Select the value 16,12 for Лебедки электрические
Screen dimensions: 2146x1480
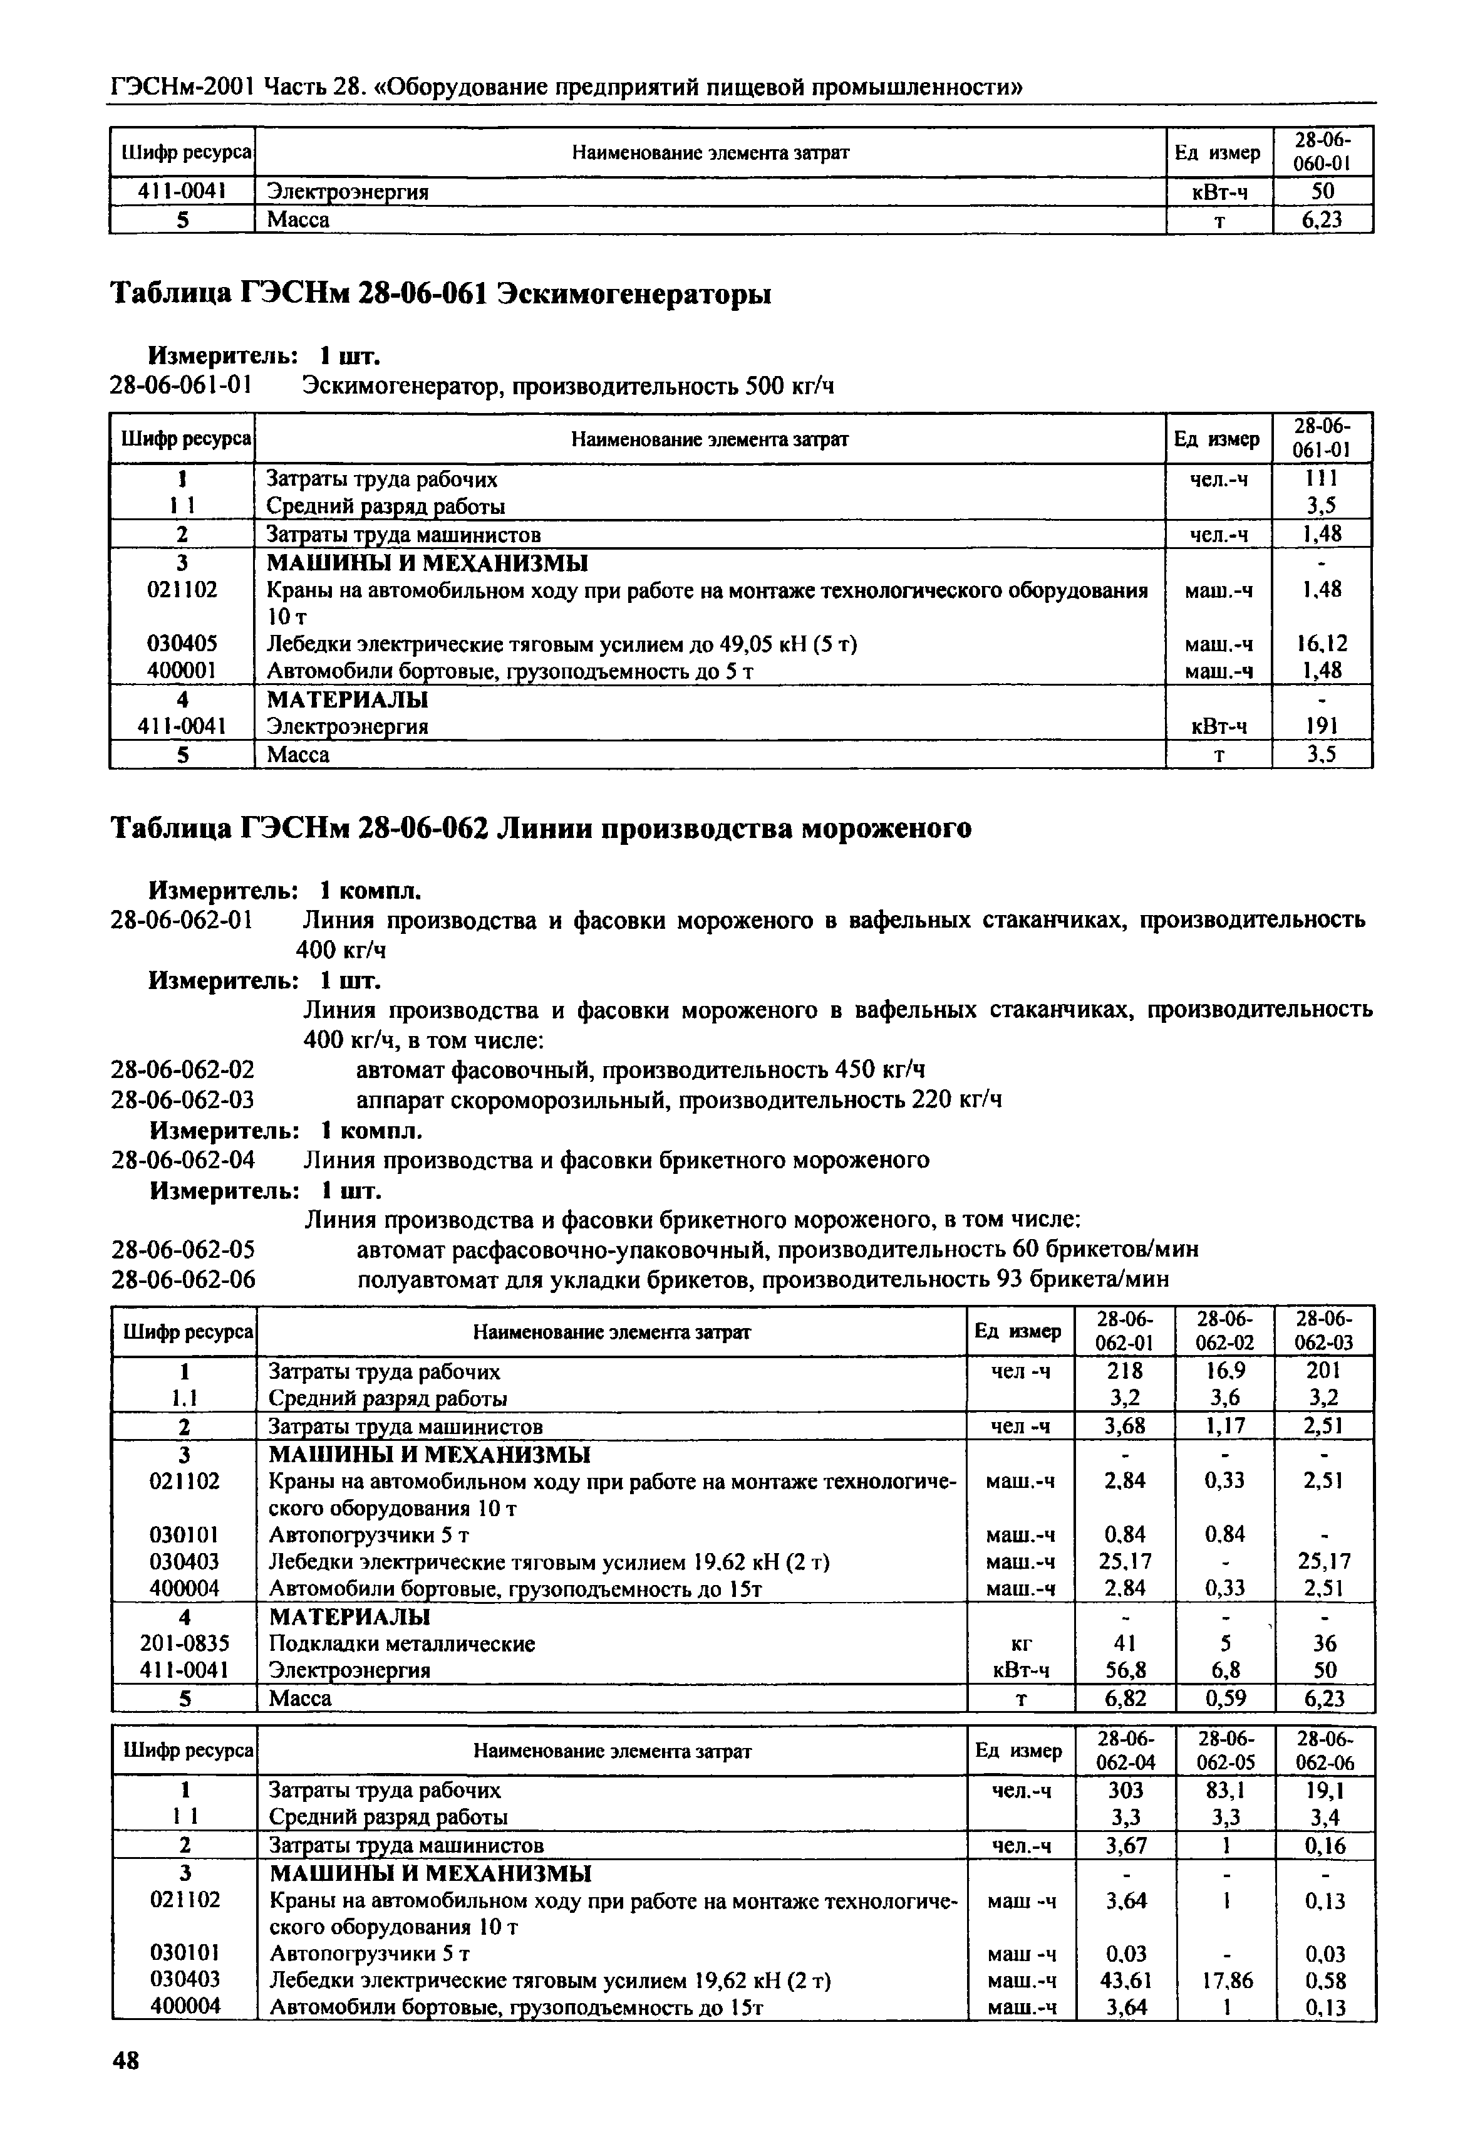(1322, 643)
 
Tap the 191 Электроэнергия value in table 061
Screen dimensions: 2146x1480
(1322, 726)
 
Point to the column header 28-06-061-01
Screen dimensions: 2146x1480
(1322, 438)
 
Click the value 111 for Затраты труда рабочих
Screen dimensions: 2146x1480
(1322, 479)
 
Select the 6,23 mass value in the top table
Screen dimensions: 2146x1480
(1322, 220)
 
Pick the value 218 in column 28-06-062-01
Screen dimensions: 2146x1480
(1124, 1370)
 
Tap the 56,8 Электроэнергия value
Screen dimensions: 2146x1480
(1124, 1670)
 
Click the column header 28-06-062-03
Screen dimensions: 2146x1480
(1324, 1331)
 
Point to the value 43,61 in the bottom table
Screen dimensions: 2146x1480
(1125, 1981)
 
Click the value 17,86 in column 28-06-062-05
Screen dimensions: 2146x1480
(1226, 1981)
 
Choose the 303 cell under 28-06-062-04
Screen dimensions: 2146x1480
(1125, 1790)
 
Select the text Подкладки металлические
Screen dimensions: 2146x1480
(401, 1643)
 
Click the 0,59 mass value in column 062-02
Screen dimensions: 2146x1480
(1225, 1698)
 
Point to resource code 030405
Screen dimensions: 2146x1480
(183, 643)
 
